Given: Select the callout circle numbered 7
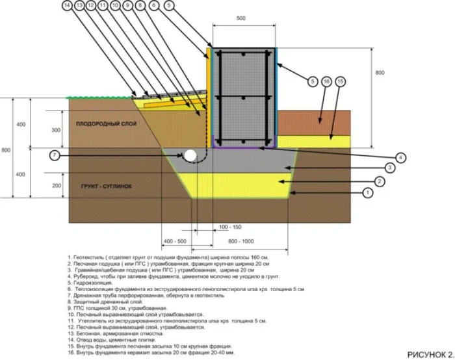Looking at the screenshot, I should pos(55,155).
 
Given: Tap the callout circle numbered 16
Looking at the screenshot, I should pos(326,81).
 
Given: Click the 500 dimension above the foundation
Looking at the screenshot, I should pos(241,19).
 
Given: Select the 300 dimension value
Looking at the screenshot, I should pos(57,131).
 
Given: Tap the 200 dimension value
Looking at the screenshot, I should pos(57,186).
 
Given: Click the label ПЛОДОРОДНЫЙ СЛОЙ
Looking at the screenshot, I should pos(104,123).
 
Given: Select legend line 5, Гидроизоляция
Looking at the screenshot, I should pos(97,281).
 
